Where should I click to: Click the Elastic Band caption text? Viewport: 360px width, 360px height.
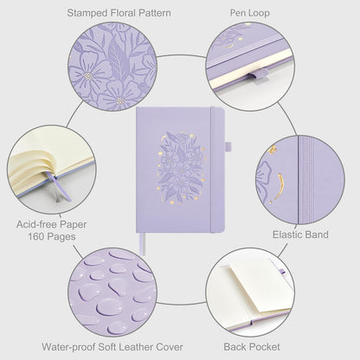tap(299, 234)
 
